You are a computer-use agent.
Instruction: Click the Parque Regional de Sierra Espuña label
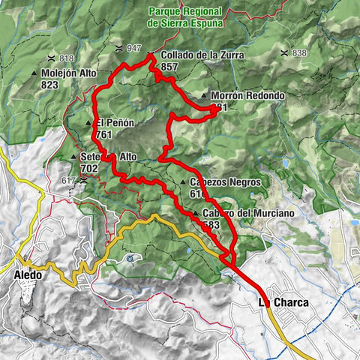click(x=185, y=17)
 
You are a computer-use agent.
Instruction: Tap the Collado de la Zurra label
click(x=195, y=55)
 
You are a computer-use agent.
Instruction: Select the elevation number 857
click(x=169, y=66)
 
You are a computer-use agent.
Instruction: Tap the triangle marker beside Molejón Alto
click(x=34, y=73)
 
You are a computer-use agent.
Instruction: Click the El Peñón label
click(x=112, y=123)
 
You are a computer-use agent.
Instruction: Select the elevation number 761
click(x=103, y=134)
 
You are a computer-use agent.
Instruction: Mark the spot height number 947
click(x=134, y=48)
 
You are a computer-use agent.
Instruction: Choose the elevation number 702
click(x=89, y=169)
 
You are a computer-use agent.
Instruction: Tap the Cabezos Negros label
click(x=219, y=182)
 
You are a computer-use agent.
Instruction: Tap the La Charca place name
click(x=283, y=302)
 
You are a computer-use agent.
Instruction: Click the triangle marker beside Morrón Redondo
click(x=204, y=97)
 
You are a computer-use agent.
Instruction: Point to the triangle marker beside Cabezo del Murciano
click(x=195, y=214)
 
